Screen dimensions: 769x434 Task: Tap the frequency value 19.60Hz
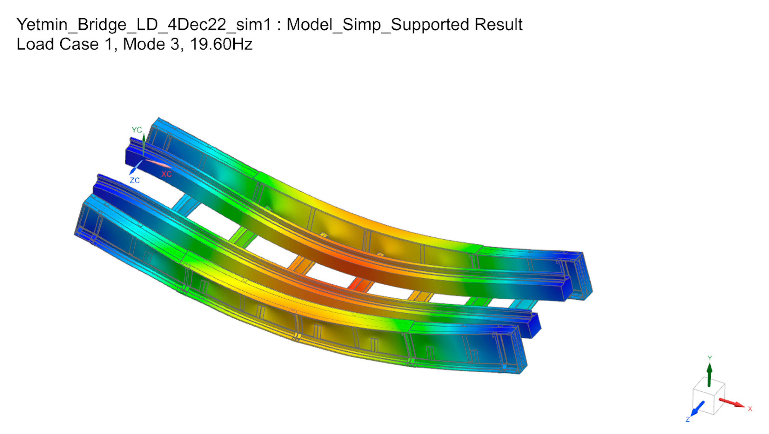pyautogui.click(x=221, y=44)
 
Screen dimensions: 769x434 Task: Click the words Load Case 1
pyautogui.click(x=65, y=44)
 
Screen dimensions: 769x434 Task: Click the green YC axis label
pyautogui.click(x=137, y=130)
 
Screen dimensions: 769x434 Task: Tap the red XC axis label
pyautogui.click(x=166, y=174)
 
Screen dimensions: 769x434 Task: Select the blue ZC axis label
pyautogui.click(x=135, y=180)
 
